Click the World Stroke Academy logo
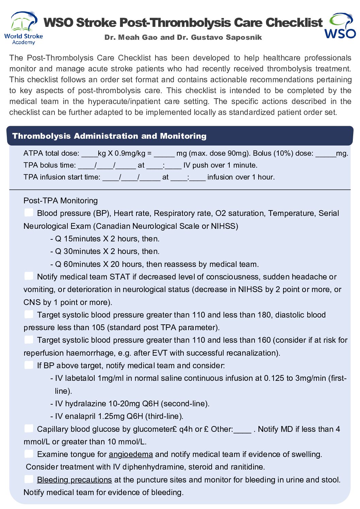[23, 28]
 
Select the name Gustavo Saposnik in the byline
[226, 37]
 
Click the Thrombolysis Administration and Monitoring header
[109, 136]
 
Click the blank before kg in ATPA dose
[89, 154]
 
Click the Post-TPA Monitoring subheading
[61, 201]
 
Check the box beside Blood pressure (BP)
[29, 213]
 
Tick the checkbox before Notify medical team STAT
[29, 276]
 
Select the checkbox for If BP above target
[29, 365]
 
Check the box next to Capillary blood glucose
[29, 428]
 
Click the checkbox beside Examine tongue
[29, 454]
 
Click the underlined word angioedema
[131, 454]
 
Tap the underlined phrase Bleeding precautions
[74, 480]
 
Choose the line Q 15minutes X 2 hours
[107, 239]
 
